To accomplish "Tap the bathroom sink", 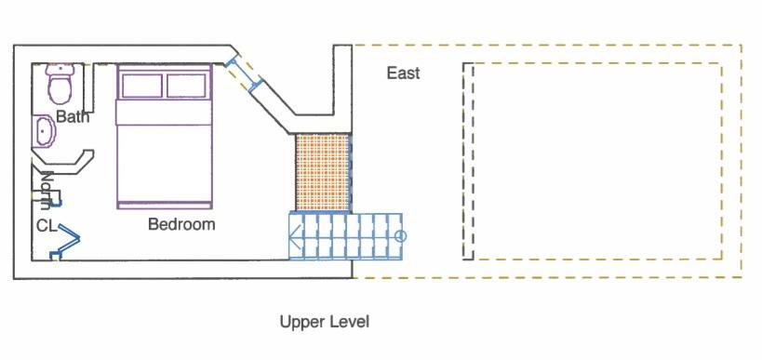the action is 44,130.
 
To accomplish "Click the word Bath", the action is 73,116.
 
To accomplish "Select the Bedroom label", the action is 181,224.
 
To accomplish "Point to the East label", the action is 403,73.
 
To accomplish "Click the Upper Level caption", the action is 325,322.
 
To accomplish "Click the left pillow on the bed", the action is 142,86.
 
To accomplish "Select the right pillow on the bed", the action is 186,86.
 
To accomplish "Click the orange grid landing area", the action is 323,172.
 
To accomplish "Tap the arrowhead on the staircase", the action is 295,236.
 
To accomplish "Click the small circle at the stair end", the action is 400,236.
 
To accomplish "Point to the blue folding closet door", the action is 66,239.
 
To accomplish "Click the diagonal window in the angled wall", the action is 244,73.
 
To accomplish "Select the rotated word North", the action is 46,191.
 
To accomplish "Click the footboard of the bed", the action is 165,206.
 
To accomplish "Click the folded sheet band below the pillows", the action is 165,113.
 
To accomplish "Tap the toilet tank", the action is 60,69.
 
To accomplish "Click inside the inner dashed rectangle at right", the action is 596,161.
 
